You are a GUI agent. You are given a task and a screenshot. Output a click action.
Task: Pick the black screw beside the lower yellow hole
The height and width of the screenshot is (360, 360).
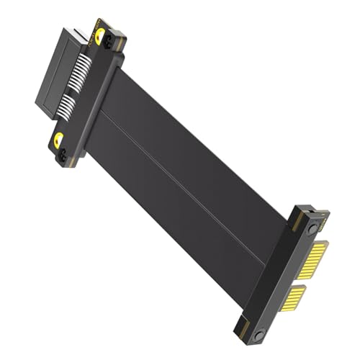pyautogui.click(x=63, y=153)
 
